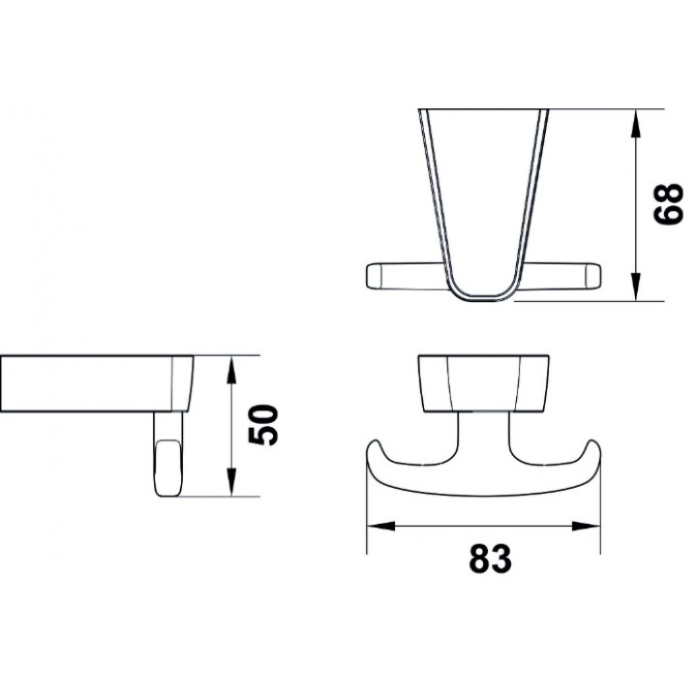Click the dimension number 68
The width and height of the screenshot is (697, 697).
coord(668,205)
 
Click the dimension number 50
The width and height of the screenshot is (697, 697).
coord(263,425)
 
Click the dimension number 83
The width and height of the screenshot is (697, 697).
coord(490,559)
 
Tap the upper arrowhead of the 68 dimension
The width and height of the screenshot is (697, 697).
coord(637,124)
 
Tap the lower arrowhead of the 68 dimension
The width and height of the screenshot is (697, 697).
coord(637,287)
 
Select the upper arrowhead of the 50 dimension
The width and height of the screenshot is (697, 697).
coord(231,370)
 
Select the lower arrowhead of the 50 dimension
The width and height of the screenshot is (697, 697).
coord(231,482)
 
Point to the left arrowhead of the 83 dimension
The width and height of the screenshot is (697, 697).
coord(381,527)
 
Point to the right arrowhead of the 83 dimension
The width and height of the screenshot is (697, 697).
coord(586,527)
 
